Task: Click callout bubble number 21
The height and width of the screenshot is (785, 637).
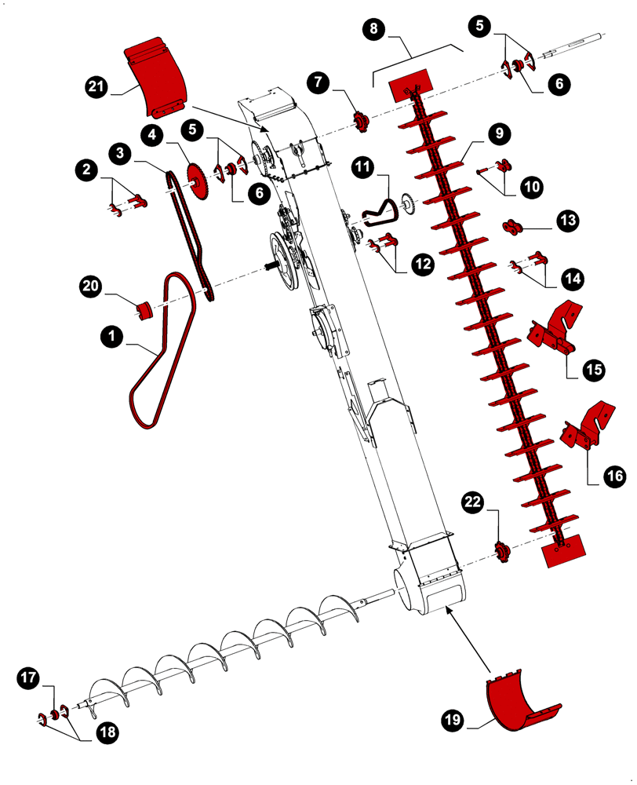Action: click(x=98, y=87)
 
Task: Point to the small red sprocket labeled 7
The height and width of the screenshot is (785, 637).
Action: click(x=361, y=122)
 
